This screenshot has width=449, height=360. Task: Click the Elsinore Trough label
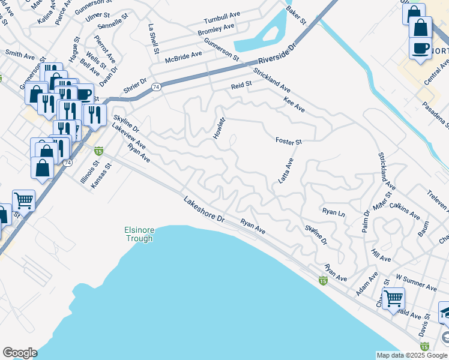[x=139, y=234]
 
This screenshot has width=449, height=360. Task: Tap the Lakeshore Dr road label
[x=203, y=209]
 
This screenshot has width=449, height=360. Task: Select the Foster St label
[x=288, y=142]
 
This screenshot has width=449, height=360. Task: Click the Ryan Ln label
[x=334, y=212]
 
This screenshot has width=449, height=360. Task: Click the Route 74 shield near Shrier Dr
[x=155, y=86]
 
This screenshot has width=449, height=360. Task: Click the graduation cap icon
[x=445, y=313]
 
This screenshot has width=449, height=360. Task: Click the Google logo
[x=20, y=353]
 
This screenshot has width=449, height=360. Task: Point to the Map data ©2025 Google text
[x=411, y=355]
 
